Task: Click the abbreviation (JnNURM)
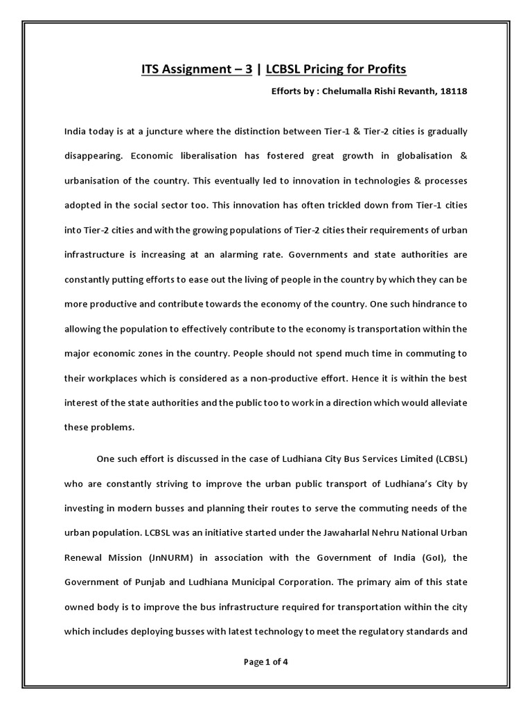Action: [166, 558]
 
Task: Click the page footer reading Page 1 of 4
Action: [266, 661]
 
